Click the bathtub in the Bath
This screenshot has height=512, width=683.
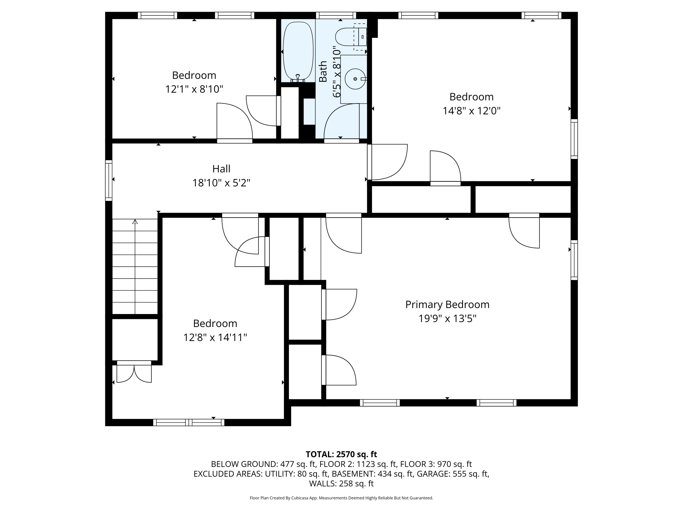pyautogui.click(x=298, y=51)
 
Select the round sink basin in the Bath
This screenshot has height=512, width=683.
pyautogui.click(x=355, y=79)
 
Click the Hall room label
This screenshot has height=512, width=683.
pyautogui.click(x=221, y=169)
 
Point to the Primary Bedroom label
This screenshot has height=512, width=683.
pyautogui.click(x=447, y=305)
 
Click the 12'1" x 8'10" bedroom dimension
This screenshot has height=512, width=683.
pyautogui.click(x=194, y=89)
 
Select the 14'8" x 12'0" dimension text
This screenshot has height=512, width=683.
pyautogui.click(x=471, y=111)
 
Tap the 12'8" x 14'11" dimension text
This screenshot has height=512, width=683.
pyautogui.click(x=215, y=337)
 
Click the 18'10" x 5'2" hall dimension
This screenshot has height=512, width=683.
pyautogui.click(x=221, y=183)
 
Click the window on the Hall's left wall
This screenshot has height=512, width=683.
pyautogui.click(x=109, y=180)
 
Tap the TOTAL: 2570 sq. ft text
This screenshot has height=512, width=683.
pyautogui.click(x=341, y=454)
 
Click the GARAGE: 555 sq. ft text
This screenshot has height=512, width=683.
pyautogui.click(x=452, y=474)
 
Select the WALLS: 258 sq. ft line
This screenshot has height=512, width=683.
pyautogui.click(x=341, y=484)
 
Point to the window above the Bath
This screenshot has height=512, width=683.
pyautogui.click(x=336, y=15)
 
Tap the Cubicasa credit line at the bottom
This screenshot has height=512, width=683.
pyautogui.click(x=341, y=498)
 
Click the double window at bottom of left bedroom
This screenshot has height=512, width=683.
pyautogui.click(x=189, y=423)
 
